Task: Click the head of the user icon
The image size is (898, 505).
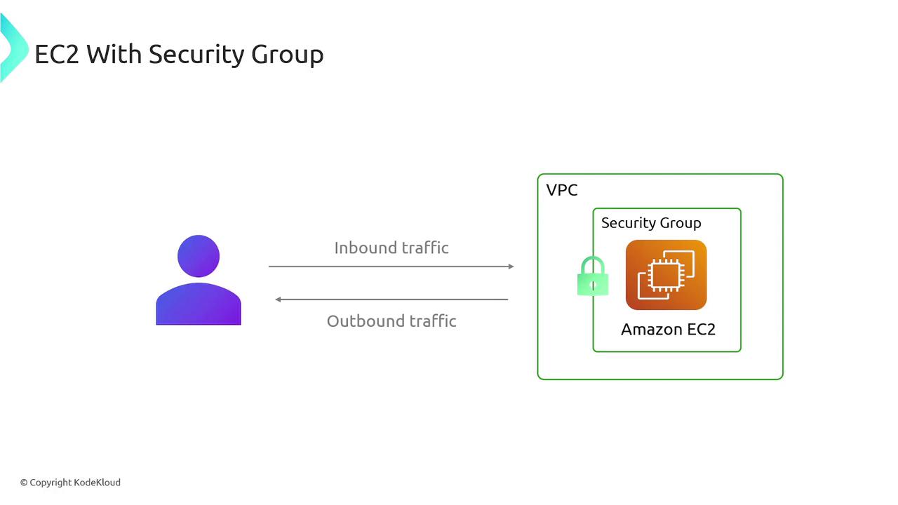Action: point(199,256)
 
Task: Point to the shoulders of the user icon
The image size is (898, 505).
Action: point(199,305)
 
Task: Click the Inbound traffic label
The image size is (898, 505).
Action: point(391,248)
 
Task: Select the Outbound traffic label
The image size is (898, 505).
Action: point(391,321)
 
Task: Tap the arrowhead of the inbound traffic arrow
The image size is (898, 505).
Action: point(511,267)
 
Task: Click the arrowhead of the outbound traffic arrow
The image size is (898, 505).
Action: point(279,299)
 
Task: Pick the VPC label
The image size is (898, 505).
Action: point(562,190)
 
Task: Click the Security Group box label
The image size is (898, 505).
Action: point(651,223)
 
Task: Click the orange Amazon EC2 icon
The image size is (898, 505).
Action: point(666,275)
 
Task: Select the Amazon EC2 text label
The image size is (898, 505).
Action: point(668,329)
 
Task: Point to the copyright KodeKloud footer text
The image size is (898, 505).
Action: point(70,483)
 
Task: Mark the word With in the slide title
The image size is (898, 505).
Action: point(114,54)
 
